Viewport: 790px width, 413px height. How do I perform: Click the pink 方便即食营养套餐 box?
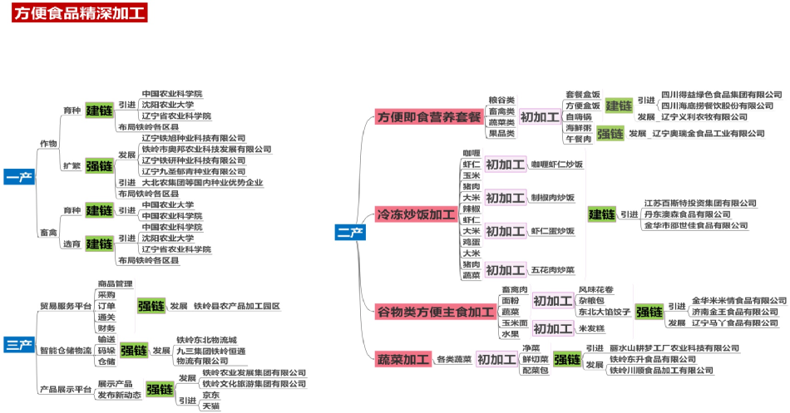[x=429, y=117]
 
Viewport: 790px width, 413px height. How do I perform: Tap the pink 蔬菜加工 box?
[x=402, y=360]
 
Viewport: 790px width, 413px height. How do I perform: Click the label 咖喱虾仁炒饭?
[x=556, y=165]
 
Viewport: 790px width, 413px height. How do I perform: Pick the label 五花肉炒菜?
[x=553, y=269]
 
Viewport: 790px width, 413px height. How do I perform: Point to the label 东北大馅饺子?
[x=605, y=312]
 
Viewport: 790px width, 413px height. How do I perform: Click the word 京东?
[x=199, y=395]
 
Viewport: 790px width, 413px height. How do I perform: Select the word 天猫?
[x=199, y=406]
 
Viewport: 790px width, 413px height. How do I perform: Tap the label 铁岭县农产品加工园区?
[x=236, y=306]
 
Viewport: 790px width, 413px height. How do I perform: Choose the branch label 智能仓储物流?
[x=66, y=350]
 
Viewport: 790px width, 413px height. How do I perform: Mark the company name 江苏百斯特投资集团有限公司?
[x=700, y=203]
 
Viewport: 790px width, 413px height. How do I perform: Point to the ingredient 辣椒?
[x=472, y=209]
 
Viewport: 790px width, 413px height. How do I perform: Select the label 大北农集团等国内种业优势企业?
[x=202, y=182]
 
